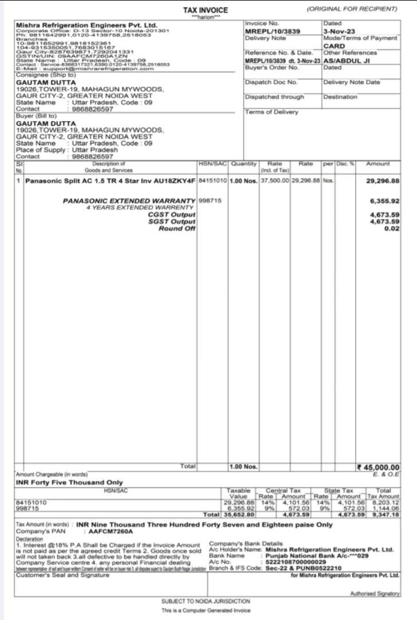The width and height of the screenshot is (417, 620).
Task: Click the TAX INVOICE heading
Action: [205, 10]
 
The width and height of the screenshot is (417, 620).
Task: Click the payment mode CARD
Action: [334, 45]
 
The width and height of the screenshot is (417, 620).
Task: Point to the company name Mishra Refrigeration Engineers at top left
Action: [86, 25]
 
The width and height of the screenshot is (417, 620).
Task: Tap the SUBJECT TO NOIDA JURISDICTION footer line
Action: [207, 600]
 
